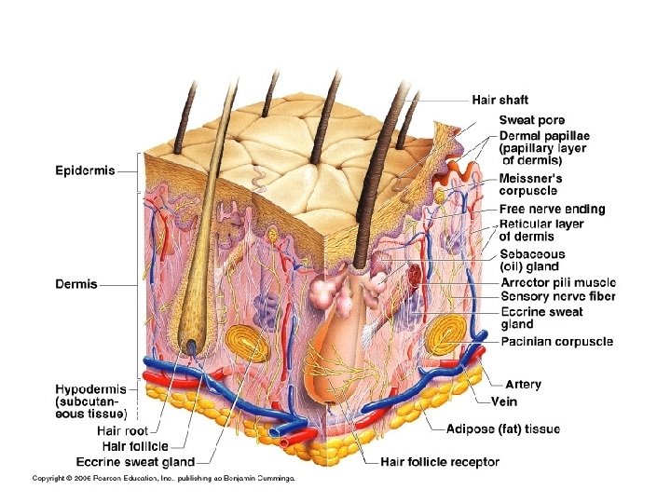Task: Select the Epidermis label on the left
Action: point(85,170)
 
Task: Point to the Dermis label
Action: point(76,285)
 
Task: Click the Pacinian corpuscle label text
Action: point(556,342)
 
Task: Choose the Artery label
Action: point(522,384)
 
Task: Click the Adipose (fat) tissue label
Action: point(503,429)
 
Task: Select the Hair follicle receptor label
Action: point(439,462)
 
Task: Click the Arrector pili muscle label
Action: point(557,282)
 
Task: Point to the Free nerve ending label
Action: point(552,210)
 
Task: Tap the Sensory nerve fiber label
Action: point(557,296)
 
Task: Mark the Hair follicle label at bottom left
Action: point(135,447)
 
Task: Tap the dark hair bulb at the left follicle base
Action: point(191,347)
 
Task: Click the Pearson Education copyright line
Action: point(164,479)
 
